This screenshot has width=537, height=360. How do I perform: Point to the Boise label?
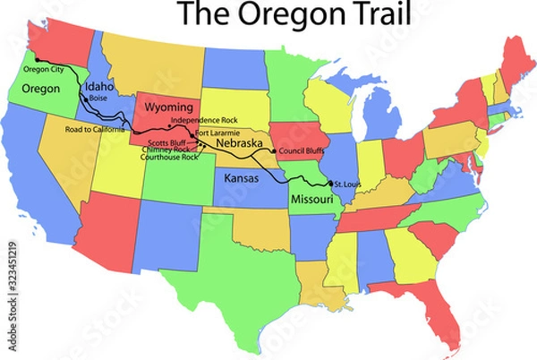pyautogui.click(x=98, y=98)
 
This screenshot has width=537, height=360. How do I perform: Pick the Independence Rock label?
pyautogui.click(x=203, y=120)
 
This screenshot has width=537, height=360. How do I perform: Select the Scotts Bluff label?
pyautogui.click(x=166, y=142)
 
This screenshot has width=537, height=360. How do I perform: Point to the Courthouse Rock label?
pyautogui.click(x=169, y=157)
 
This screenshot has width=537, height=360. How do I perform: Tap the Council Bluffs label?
pyautogui.click(x=302, y=150)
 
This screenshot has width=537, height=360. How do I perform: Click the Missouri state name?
pyautogui.click(x=310, y=198)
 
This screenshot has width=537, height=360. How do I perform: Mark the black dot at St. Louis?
pyautogui.click(x=329, y=184)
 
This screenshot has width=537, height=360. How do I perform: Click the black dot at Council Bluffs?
pyautogui.click(x=274, y=151)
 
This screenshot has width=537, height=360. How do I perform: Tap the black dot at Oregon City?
pyautogui.click(x=25, y=59)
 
